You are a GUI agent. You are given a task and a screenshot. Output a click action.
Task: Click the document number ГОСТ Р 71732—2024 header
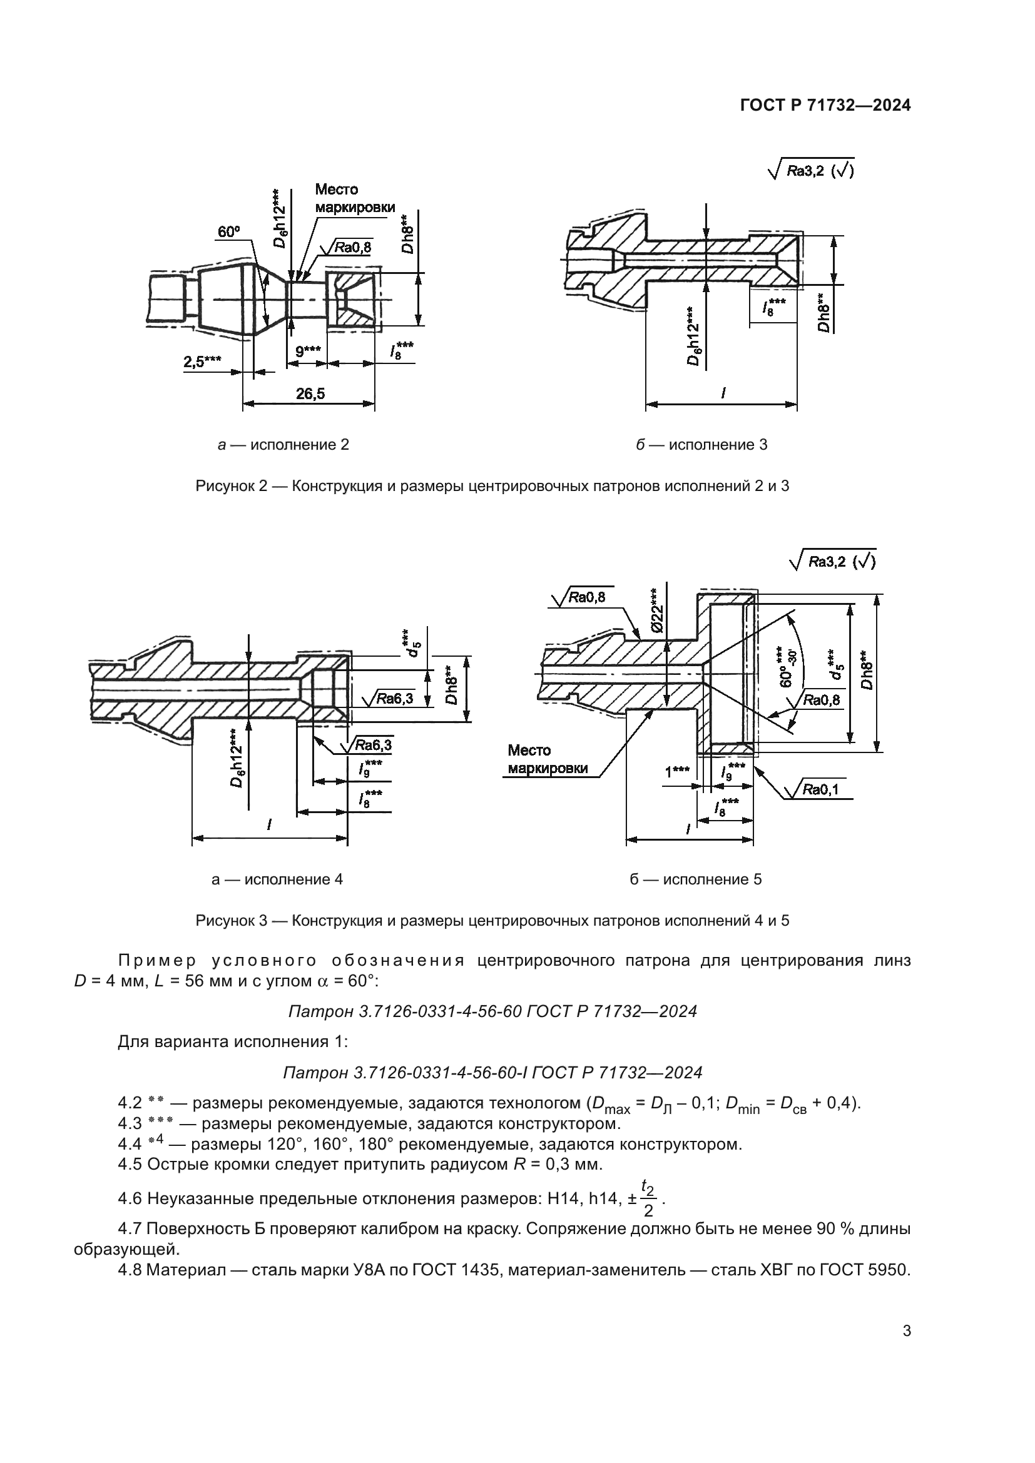click(825, 106)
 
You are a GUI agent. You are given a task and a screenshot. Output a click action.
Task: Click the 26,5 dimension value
click(310, 394)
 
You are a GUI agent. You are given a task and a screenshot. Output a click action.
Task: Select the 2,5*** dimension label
click(202, 362)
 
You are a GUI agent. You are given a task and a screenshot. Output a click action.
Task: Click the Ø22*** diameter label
click(657, 610)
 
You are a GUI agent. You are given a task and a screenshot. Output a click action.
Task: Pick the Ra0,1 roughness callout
click(820, 790)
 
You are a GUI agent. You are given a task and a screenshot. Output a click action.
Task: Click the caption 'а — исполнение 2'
click(283, 444)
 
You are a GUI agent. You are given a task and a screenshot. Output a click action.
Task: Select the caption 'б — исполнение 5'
click(695, 879)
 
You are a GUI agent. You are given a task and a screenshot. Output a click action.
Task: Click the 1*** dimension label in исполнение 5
click(677, 773)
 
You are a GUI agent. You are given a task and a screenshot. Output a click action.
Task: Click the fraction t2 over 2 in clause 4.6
click(648, 1198)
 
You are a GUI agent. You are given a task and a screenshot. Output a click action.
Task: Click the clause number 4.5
click(130, 1165)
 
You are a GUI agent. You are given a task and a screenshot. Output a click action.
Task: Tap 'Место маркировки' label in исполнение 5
click(547, 759)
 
